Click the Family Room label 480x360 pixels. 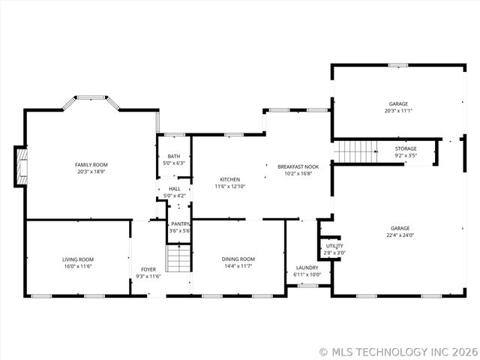(x=91, y=164)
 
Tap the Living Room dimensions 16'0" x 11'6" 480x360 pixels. (x=77, y=265)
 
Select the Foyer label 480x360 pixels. (x=148, y=268)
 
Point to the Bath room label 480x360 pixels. (x=173, y=156)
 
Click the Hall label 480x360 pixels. (x=174, y=189)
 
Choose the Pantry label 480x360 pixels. (x=180, y=223)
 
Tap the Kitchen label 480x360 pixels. (x=229, y=179)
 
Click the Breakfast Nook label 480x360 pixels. (x=298, y=166)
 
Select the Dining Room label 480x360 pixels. (x=238, y=259)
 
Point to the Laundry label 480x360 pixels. (x=307, y=268)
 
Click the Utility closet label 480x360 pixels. (x=334, y=246)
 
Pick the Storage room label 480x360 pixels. (x=406, y=148)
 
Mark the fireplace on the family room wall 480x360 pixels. (x=22, y=166)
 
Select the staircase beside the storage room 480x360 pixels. (x=348, y=151)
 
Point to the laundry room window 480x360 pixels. (x=306, y=286)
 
